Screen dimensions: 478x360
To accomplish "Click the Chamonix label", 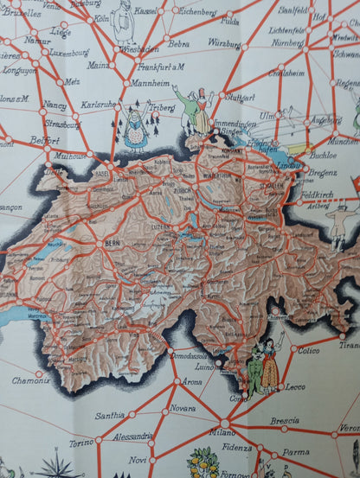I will pos(31,379).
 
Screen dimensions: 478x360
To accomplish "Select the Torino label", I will pos(81,442).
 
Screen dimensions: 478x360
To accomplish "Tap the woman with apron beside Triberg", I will pos(136,130).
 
